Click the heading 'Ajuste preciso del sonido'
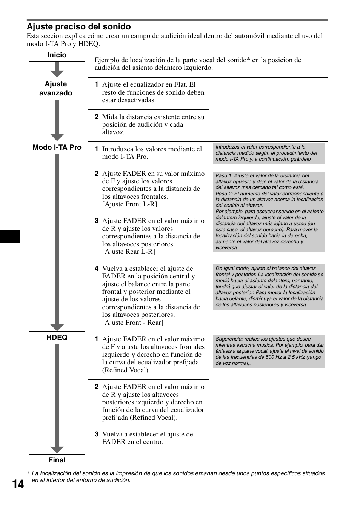click(x=78, y=27)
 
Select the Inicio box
click(x=57, y=55)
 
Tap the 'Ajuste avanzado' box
click(x=57, y=89)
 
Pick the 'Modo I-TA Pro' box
click(x=57, y=147)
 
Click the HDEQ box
click(x=57, y=338)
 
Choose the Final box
click(x=57, y=460)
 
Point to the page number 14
click(x=18, y=484)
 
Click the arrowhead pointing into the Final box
click(x=57, y=450)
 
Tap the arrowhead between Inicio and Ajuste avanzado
click(x=57, y=73)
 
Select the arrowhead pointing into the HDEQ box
click(x=57, y=327)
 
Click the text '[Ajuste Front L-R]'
click(x=129, y=204)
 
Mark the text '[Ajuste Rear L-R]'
click(x=128, y=252)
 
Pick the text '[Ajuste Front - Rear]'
click(x=132, y=323)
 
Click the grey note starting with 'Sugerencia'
click(x=269, y=351)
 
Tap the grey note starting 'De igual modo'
click(x=269, y=287)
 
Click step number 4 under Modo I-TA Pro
click(x=97, y=269)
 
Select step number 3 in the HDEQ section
click(x=97, y=434)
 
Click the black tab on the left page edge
click(x=9, y=236)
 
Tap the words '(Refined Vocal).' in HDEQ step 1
click(x=126, y=370)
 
